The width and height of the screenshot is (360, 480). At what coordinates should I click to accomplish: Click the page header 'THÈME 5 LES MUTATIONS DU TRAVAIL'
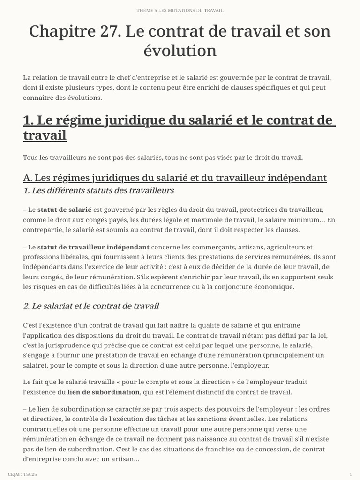click(x=180, y=10)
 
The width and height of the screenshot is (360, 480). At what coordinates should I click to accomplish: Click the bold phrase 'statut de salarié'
click(x=64, y=210)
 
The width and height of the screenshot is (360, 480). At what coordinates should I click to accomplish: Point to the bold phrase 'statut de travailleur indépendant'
click(x=93, y=247)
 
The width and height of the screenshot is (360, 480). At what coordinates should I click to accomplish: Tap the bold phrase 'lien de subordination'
click(x=104, y=392)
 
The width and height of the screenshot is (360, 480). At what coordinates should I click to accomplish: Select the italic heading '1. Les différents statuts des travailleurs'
click(x=98, y=190)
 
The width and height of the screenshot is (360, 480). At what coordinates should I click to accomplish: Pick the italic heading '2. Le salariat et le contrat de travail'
click(x=91, y=306)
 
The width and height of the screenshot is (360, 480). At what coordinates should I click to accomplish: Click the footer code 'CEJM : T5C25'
click(x=22, y=474)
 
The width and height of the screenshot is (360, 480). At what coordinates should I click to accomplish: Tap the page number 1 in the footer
click(x=351, y=474)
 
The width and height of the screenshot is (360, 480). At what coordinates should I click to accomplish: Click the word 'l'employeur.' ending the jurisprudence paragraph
click(x=248, y=365)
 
